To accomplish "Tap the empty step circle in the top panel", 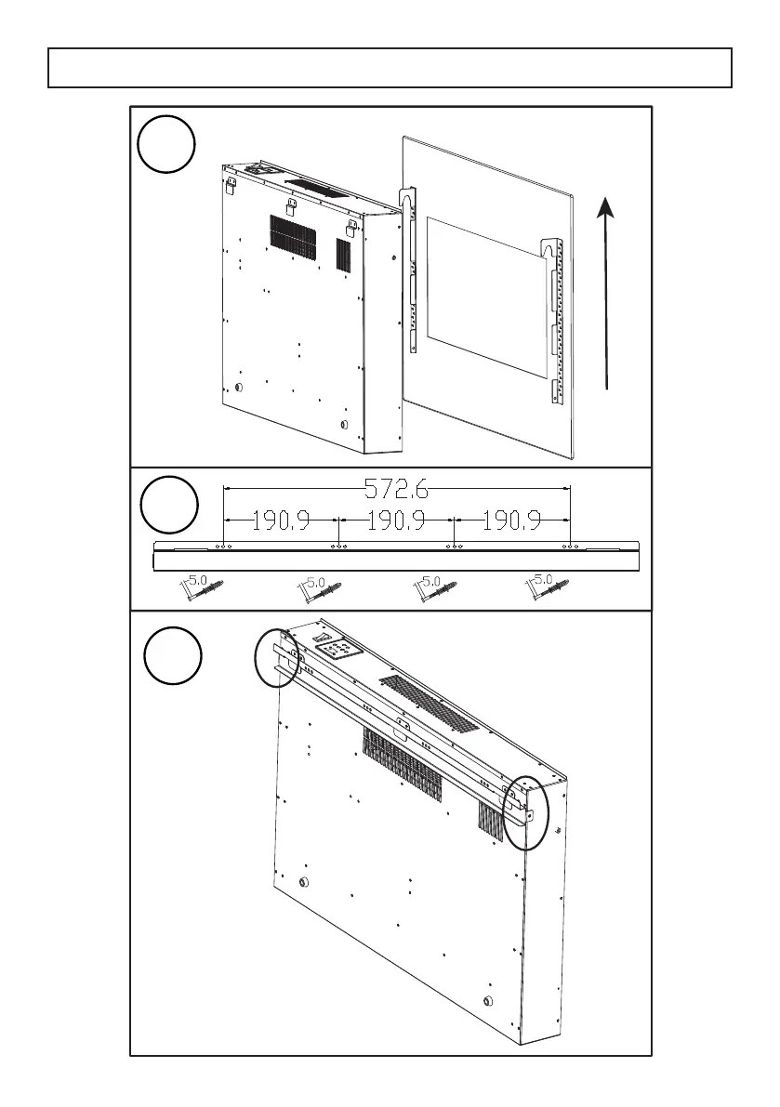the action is [x=167, y=147].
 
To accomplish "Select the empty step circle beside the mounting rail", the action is [x=170, y=506].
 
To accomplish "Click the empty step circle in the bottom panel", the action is [x=173, y=654].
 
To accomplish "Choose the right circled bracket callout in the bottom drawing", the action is [x=525, y=812].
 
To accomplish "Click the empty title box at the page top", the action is [x=390, y=68].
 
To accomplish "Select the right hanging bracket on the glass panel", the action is [x=555, y=321].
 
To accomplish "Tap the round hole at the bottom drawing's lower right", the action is [x=489, y=1002].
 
